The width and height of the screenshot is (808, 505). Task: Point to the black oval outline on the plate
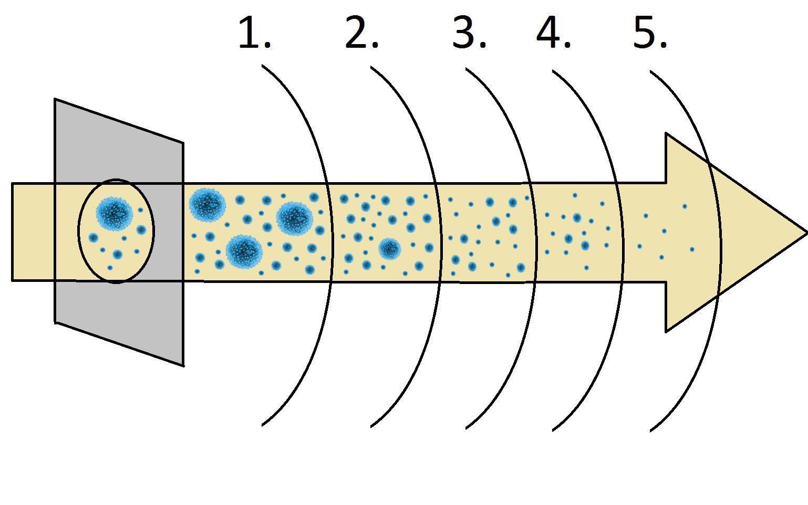(x=79, y=231)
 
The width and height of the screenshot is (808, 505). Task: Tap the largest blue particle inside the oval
(x=114, y=212)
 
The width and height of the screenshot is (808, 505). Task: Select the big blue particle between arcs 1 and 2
(x=389, y=248)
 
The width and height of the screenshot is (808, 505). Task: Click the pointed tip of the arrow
(x=805, y=232)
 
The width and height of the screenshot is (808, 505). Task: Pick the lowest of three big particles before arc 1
(x=244, y=251)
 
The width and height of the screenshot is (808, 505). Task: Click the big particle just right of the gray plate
(x=207, y=204)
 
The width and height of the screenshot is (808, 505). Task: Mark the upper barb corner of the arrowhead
(x=666, y=134)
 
